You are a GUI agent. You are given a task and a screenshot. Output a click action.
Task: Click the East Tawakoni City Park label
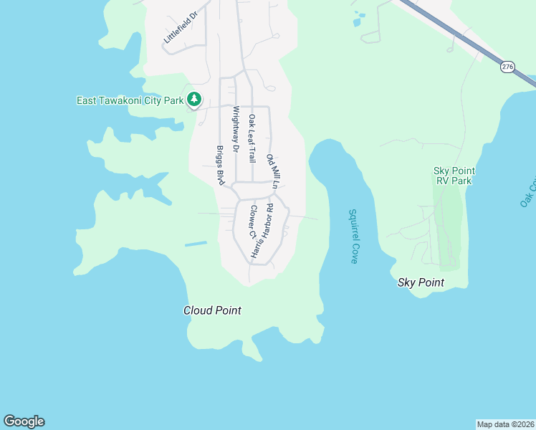point(130,100)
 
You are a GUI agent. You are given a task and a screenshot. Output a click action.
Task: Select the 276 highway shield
point(507,67)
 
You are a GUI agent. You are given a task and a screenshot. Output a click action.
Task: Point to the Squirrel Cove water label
point(353,236)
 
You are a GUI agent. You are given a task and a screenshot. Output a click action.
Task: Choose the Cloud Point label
point(212,310)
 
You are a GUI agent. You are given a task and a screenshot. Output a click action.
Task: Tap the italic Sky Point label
point(421,282)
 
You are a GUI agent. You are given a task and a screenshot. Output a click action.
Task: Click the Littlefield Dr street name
point(180,28)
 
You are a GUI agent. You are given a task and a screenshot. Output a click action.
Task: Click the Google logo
point(24,421)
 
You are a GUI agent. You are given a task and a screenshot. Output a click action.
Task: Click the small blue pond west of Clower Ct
point(196,244)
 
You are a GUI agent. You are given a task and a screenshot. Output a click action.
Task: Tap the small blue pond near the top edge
point(358,20)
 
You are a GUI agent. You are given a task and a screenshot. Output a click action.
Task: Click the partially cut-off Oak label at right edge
point(529,190)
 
